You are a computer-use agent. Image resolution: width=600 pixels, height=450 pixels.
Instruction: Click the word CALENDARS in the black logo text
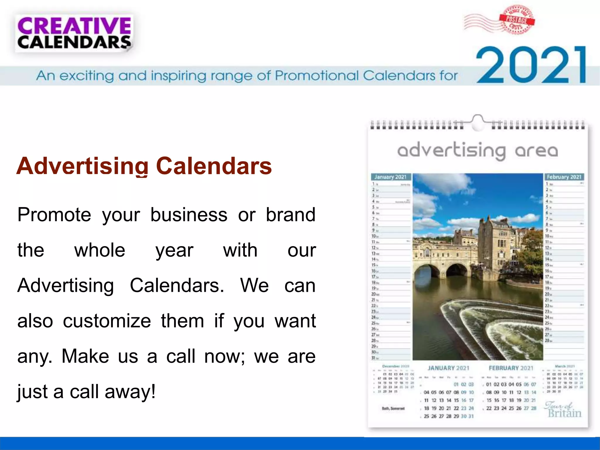tap(74, 43)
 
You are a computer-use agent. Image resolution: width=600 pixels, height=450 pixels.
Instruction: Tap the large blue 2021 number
tap(531, 65)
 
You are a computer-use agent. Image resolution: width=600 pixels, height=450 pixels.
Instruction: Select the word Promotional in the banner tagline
tap(316, 76)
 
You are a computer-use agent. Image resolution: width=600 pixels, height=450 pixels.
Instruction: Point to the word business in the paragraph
tap(189, 215)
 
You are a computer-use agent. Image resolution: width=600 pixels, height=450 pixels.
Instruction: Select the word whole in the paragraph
tap(100, 250)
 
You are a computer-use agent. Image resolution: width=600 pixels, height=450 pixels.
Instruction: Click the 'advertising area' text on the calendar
tap(478, 151)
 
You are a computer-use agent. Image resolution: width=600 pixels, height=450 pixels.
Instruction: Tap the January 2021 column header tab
tap(391, 177)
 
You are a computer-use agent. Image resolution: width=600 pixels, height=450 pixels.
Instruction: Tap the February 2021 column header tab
tap(564, 177)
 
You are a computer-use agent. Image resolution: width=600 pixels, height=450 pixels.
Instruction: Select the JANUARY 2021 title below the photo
tap(448, 368)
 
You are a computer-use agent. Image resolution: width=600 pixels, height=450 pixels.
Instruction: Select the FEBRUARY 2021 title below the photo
tap(511, 368)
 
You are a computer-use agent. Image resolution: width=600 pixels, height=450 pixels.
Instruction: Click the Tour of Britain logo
tap(563, 410)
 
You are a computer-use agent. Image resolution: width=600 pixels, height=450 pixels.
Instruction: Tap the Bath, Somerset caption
tap(393, 408)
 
